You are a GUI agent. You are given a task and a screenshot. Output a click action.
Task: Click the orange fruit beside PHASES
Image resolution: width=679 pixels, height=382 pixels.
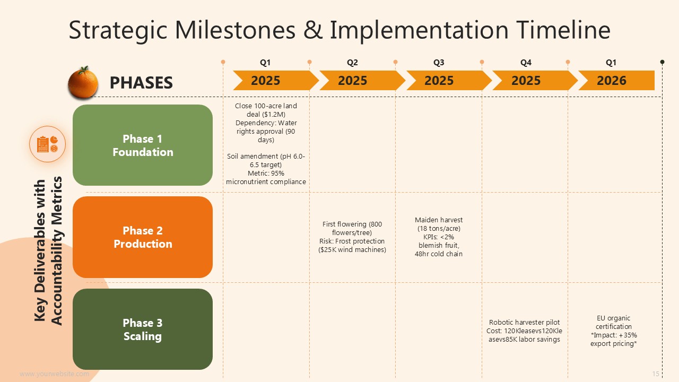(83, 82)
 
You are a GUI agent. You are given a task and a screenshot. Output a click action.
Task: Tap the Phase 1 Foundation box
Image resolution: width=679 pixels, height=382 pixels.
(143, 145)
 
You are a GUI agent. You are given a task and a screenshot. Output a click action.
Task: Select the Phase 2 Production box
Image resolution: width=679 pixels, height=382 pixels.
(143, 237)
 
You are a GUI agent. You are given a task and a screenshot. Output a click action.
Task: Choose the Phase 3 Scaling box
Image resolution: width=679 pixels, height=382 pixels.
(143, 329)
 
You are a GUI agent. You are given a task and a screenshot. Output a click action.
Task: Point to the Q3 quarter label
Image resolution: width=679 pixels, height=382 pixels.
(439, 63)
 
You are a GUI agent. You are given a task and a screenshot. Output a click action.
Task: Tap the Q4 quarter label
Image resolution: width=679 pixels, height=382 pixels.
(526, 63)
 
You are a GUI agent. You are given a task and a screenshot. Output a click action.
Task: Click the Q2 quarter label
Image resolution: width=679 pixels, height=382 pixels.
(352, 63)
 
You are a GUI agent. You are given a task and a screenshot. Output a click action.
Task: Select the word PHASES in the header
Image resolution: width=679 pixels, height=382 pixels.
(141, 82)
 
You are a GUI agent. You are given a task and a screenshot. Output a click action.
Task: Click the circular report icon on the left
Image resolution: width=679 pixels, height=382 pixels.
(48, 144)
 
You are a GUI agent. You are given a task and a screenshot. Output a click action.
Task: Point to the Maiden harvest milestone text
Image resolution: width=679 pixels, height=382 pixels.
(439, 237)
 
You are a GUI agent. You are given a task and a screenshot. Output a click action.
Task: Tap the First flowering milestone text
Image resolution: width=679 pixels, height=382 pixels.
(352, 237)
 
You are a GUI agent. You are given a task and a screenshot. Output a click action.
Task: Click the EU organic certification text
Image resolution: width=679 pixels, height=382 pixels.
(614, 331)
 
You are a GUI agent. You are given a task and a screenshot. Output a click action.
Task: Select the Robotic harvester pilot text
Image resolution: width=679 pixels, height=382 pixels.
(525, 331)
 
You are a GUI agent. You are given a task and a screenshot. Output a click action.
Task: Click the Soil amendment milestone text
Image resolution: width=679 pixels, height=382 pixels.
(266, 169)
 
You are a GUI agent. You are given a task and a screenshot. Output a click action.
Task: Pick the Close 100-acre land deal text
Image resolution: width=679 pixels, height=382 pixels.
(266, 123)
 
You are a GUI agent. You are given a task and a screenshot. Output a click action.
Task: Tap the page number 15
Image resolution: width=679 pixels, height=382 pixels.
(656, 374)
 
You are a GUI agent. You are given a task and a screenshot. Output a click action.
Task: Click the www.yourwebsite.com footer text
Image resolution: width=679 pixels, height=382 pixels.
(54, 374)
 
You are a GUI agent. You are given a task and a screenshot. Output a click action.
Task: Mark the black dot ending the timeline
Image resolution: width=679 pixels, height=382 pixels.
(663, 62)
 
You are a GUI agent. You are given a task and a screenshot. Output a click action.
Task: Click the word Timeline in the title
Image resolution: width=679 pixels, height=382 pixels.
(563, 30)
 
